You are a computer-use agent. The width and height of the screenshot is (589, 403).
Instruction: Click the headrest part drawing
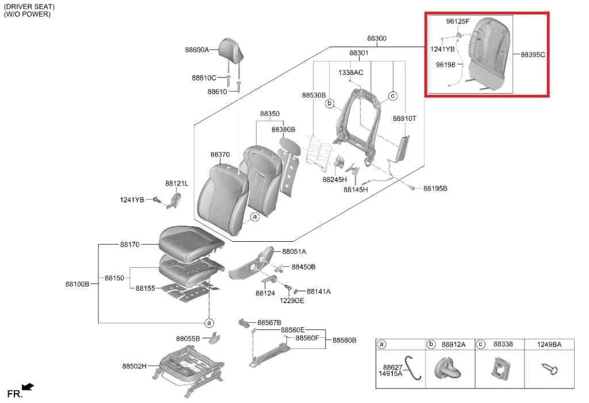click(231, 49)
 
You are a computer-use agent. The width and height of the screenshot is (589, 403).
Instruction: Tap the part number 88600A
click(197, 50)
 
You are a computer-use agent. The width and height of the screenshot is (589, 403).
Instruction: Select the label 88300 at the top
click(377, 39)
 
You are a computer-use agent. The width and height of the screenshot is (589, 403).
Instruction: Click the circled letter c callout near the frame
click(392, 96)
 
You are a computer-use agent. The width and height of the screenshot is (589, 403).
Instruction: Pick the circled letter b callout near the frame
click(330, 103)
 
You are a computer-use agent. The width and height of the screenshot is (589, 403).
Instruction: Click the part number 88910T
click(404, 119)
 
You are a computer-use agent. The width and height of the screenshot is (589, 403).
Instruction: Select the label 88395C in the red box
click(533, 55)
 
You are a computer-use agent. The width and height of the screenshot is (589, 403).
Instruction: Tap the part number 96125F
click(458, 21)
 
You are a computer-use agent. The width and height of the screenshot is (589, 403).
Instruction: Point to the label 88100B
click(78, 284)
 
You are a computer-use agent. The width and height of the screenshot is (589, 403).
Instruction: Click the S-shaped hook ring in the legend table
click(412, 367)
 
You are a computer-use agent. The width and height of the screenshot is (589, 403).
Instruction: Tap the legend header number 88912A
click(453, 344)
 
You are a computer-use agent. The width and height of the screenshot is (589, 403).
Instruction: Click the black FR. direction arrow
click(28, 387)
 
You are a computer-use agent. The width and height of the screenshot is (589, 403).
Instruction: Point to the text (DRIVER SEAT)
click(29, 7)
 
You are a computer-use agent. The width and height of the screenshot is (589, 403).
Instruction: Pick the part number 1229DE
click(292, 301)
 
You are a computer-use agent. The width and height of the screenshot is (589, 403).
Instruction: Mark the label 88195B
click(435, 188)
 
